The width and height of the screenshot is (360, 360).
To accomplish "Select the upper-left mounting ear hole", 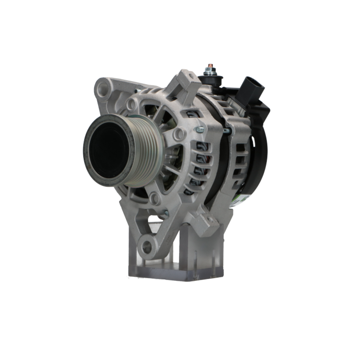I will [x=104, y=87].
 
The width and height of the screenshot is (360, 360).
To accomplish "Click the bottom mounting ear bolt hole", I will [x=147, y=247].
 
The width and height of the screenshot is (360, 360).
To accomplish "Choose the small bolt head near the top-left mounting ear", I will [x=137, y=91].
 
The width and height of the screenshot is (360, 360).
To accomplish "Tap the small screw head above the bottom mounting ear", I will [x=166, y=213].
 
